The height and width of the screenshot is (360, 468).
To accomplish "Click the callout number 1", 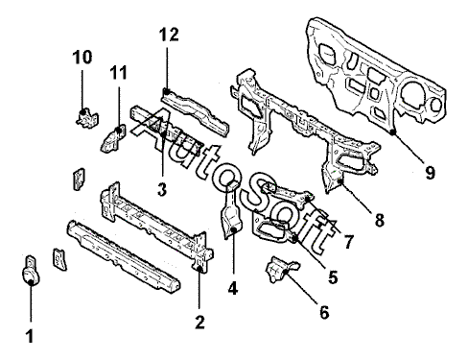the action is (x=30, y=336).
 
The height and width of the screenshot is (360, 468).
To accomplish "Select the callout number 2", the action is (x=199, y=322).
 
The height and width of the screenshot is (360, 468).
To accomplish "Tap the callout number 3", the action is (x=162, y=189).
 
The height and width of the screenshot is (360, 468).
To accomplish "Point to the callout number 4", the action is (x=233, y=289).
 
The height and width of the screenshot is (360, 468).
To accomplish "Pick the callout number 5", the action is (x=333, y=277).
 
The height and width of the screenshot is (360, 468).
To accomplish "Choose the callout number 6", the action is (x=324, y=312).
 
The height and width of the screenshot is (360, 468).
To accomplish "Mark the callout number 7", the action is (x=348, y=242).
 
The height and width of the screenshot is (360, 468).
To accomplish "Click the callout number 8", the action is (x=379, y=220).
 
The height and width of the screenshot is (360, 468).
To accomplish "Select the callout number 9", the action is (x=431, y=173).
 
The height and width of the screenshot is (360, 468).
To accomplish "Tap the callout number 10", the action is (x=82, y=58).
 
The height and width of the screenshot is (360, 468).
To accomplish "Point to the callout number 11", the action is (x=119, y=73).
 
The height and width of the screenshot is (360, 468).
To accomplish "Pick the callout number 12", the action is (x=169, y=35).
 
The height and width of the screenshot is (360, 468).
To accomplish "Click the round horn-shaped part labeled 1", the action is (x=31, y=271).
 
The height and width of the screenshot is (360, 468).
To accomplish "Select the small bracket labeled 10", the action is (x=87, y=118).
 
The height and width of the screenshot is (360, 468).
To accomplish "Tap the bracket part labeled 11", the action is (x=113, y=139).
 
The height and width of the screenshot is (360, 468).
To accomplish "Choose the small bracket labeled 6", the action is (x=280, y=269).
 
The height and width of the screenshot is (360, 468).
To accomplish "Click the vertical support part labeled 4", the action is (x=232, y=210).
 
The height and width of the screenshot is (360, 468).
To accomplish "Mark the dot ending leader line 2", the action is (x=199, y=270).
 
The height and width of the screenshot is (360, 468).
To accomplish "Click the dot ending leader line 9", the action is (x=393, y=132).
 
